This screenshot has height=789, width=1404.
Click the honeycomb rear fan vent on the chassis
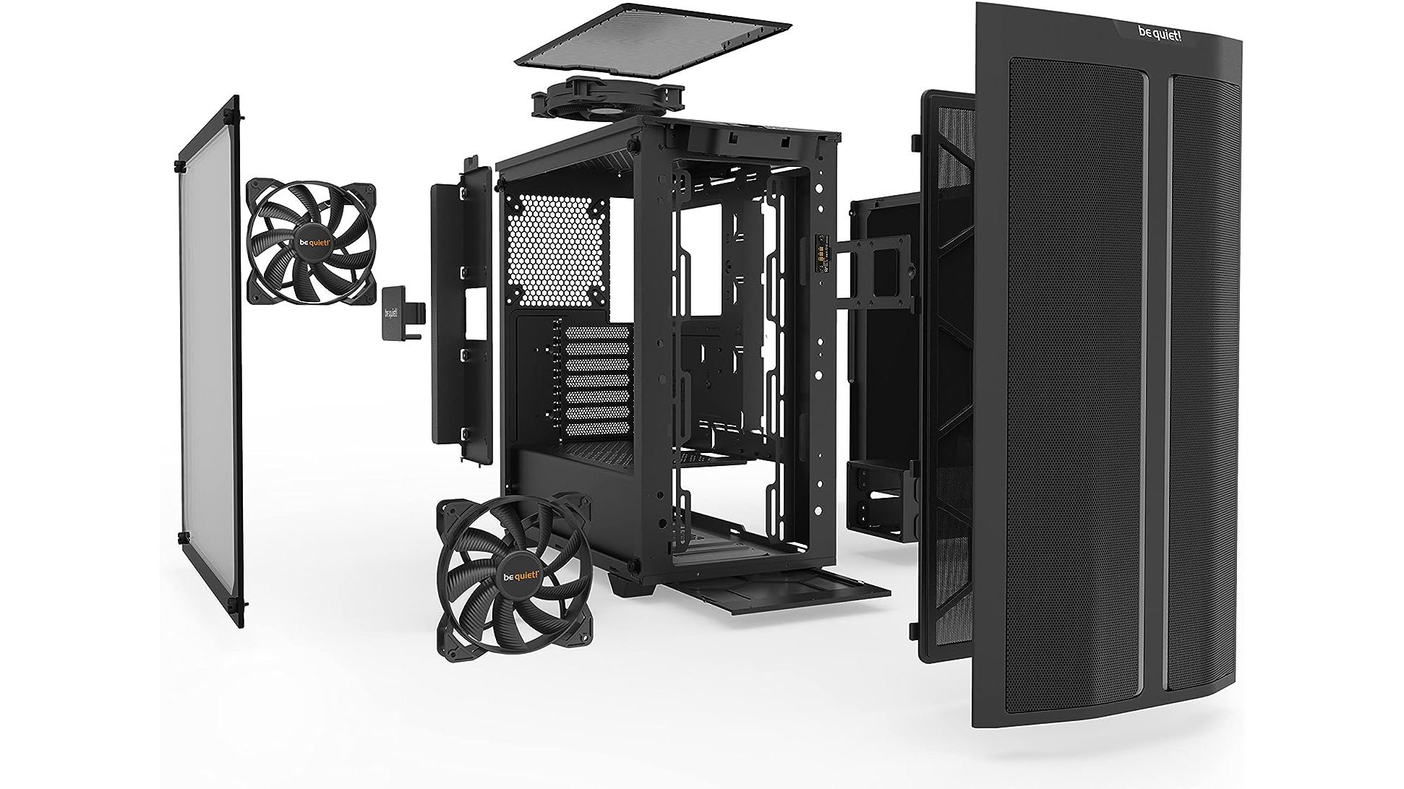pos(559,249)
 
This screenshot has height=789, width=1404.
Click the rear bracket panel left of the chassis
pos(452,311)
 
